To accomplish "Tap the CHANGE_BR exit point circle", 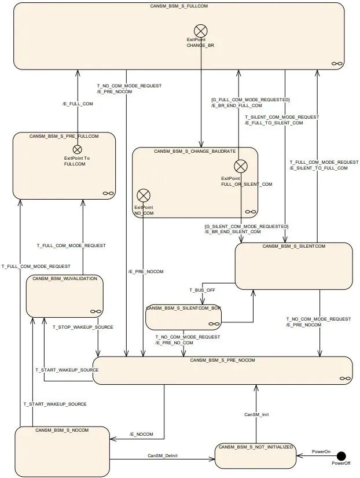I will pos(201,30).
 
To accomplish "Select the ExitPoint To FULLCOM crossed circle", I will pos(77,149).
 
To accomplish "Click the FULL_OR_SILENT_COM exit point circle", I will pos(240,167).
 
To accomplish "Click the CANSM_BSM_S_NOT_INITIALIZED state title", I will pos(256,447).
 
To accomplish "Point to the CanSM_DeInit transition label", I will pos(161,455).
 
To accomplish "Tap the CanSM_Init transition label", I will pos(256,414).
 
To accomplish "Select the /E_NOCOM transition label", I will pos(140,433).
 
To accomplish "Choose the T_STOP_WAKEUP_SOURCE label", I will pos(83,327).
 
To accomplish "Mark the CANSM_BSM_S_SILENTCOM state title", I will pos(293,246).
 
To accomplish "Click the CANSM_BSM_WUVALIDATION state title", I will pos(65,278).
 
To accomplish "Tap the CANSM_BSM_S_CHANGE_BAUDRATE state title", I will pos(194,151).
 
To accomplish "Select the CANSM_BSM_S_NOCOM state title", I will pos(62,430).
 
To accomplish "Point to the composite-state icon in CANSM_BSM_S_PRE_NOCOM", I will pos(345,377).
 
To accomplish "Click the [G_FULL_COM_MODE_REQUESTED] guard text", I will pos(250,100).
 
